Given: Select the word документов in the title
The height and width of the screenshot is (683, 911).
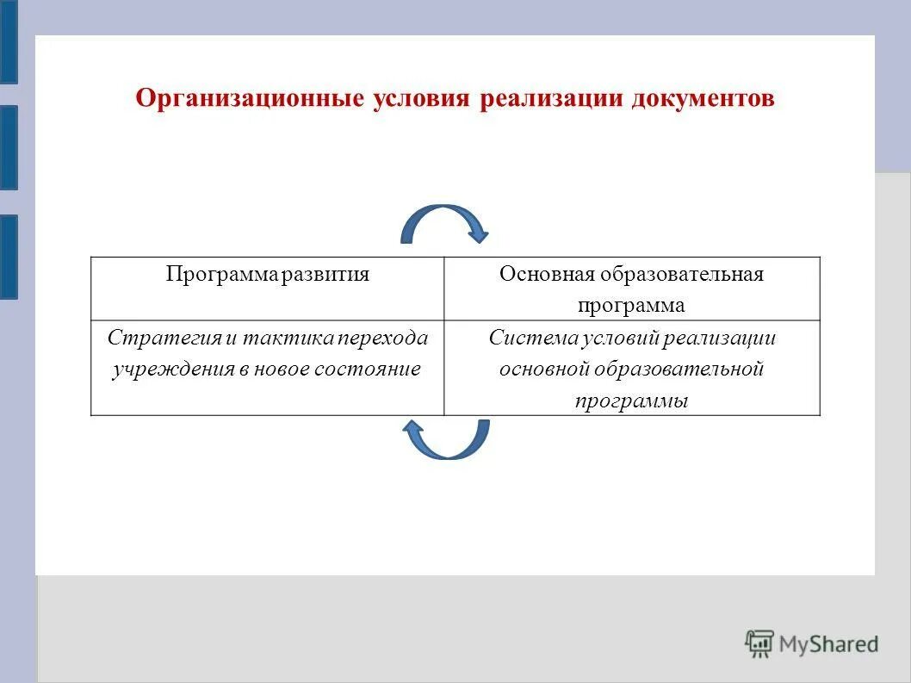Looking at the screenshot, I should point(703,98).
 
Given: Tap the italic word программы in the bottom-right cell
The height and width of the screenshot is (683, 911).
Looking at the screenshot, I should point(631,401).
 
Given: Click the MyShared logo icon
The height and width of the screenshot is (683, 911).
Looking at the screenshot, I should point(759,643).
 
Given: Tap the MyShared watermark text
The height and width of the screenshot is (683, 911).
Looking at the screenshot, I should point(828,643).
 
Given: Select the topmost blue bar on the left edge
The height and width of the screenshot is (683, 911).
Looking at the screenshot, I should point(9,41).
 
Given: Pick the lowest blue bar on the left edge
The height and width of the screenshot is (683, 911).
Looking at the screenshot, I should point(9,257).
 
